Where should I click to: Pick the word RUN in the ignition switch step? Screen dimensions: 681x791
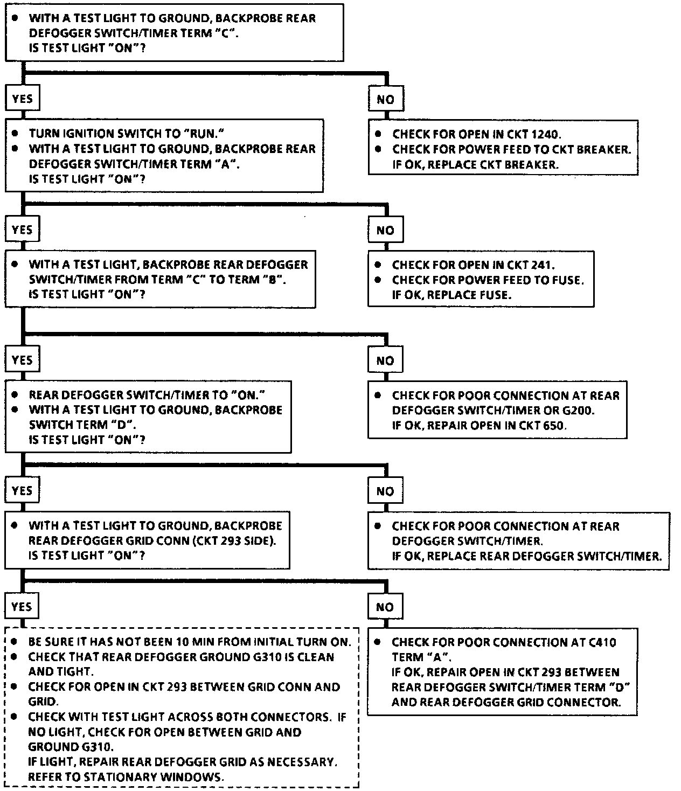point(203,134)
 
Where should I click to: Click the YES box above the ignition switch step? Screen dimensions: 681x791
point(22,99)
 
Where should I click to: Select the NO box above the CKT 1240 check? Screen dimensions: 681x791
point(385,99)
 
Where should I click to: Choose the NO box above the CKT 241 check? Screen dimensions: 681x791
point(385,230)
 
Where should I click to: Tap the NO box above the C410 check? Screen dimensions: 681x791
point(385,607)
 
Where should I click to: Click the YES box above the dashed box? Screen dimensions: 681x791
point(22,606)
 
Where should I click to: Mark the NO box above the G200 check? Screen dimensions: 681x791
point(385,360)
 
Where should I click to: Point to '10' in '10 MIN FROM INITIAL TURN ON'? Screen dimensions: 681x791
point(182,642)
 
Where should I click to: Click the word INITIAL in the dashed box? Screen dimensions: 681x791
point(273,642)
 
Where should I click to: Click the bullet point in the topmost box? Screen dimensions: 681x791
point(17,18)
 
